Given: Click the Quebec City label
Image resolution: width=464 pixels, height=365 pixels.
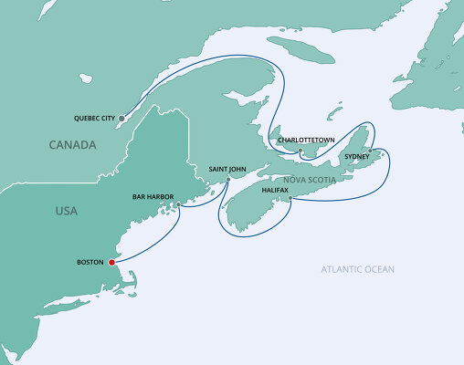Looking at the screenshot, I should tap(93, 118).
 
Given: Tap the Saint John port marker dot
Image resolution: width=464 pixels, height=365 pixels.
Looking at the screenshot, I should tap(228, 179).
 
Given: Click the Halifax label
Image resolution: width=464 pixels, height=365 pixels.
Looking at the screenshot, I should tap(275, 190).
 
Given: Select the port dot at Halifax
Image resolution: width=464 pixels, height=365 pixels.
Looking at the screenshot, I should tap(290, 198).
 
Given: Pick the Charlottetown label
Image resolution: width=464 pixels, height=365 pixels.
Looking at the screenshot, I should tap(307, 140).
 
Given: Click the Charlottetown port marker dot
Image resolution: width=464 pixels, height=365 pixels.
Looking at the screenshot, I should tap(301, 150).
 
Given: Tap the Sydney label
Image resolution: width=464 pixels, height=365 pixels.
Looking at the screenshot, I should tap(357, 156).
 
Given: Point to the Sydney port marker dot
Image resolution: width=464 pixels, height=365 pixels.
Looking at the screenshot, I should tap(370, 150).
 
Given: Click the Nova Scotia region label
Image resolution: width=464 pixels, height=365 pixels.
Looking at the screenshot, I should tap(309, 180).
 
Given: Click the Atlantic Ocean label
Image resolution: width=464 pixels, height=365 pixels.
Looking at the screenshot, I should tap(357, 269).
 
